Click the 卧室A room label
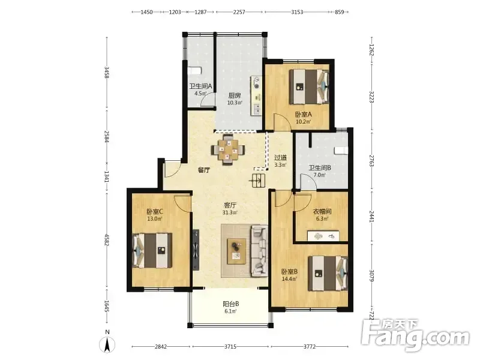click(303, 115)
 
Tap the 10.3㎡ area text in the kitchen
click(235, 103)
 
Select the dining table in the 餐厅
click(228, 149)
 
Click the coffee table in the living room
click(236, 251)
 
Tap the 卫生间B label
click(320, 168)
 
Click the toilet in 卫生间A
click(194, 71)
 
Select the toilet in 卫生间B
click(341, 151)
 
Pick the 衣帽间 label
click(322, 212)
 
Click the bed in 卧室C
click(152, 250)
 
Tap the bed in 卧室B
click(328, 274)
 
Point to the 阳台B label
click(231, 304)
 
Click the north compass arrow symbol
click(107, 344)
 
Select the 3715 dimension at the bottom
click(230, 347)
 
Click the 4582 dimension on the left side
click(107, 239)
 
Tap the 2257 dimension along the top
click(239, 12)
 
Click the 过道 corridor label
click(280, 158)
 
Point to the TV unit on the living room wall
click(196, 250)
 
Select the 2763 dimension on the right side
click(371, 161)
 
